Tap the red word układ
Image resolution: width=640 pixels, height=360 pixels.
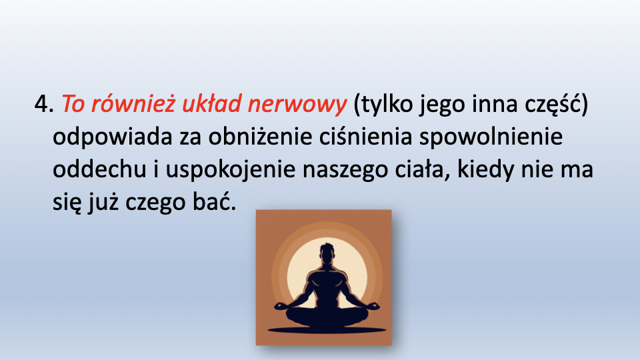211,103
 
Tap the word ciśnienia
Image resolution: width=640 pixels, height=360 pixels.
366,136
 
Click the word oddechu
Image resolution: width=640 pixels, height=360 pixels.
99,169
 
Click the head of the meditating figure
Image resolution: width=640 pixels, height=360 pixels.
327,253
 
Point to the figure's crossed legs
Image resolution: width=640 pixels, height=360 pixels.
327,314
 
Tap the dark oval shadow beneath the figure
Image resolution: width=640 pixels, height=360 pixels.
327,330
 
